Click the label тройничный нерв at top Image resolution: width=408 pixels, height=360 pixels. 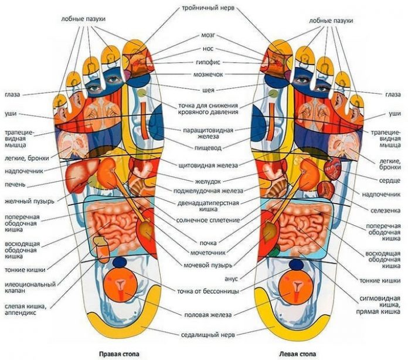[x=203, y=8]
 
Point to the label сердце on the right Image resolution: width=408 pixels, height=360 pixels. [x=389, y=180]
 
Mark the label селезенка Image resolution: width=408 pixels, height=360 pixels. [x=384, y=209]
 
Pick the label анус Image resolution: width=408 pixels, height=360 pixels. [x=231, y=277]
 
